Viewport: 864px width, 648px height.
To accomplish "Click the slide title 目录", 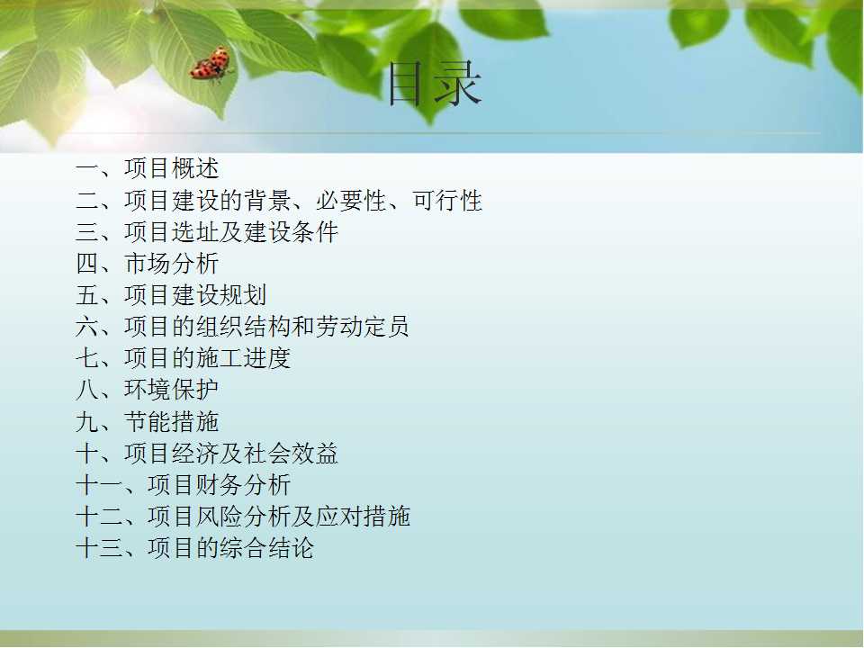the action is pos(435,85).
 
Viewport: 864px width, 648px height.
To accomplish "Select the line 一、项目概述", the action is pos(147,168).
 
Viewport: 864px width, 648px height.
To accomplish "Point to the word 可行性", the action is pos(447,200).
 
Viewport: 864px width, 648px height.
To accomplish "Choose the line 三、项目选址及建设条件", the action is pos(207,232).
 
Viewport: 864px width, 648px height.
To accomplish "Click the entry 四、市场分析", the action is pos(147,264).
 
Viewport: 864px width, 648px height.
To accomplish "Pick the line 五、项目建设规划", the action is pos(171,295).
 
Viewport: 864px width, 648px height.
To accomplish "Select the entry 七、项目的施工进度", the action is pos(183,358).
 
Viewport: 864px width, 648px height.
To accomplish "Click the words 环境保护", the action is pos(171,390).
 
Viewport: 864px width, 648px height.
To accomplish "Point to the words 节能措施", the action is pos(171,421).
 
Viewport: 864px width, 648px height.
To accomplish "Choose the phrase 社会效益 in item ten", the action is pos(291,454).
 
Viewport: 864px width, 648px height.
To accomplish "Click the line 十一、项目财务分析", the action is pos(183,485).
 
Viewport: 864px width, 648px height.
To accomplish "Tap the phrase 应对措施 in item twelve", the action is pos(363,517).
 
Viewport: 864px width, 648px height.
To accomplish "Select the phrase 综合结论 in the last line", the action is pos(266,548).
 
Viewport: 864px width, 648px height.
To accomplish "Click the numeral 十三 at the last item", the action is pos(99,548).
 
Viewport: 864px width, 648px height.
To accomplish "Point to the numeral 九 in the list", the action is pos(87,421).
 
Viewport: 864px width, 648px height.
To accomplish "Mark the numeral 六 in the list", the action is pos(87,326).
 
